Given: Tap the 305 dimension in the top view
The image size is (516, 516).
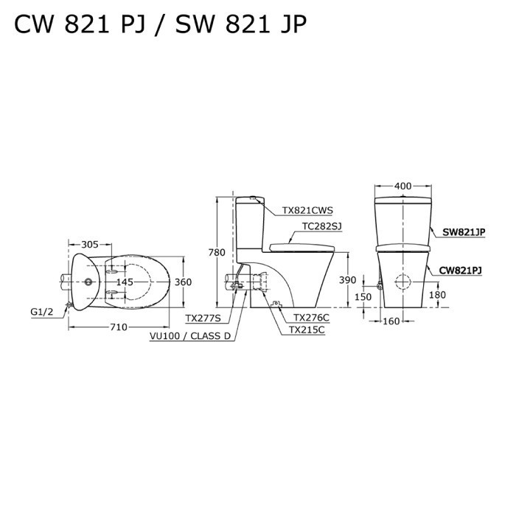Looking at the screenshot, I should pyautogui.click(x=89, y=245).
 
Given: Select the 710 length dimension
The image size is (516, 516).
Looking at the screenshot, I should pyautogui.click(x=119, y=327).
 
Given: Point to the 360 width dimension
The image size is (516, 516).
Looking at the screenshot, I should pyautogui.click(x=183, y=282).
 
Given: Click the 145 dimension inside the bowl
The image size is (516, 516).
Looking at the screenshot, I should pyautogui.click(x=124, y=282).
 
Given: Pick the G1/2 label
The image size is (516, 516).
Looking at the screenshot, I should pyautogui.click(x=42, y=312).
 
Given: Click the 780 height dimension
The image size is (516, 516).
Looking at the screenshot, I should pyautogui.click(x=217, y=253).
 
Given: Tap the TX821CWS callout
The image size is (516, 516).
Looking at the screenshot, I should pyautogui.click(x=307, y=210).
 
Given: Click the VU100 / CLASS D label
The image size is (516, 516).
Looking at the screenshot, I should pyautogui.click(x=190, y=335).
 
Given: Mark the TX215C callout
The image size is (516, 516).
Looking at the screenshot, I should pyautogui.click(x=307, y=330).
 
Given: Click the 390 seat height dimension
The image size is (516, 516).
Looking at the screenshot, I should pyautogui.click(x=347, y=280).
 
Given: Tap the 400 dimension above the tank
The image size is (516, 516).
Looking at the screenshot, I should pyautogui.click(x=402, y=186).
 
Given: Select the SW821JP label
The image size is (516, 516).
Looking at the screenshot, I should pyautogui.click(x=463, y=231).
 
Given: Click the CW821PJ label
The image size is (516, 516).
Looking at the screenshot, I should pyautogui.click(x=461, y=271).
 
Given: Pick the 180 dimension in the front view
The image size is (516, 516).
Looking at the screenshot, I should pyautogui.click(x=437, y=295).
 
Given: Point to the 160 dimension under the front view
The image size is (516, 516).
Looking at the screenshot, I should pyautogui.click(x=391, y=321).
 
